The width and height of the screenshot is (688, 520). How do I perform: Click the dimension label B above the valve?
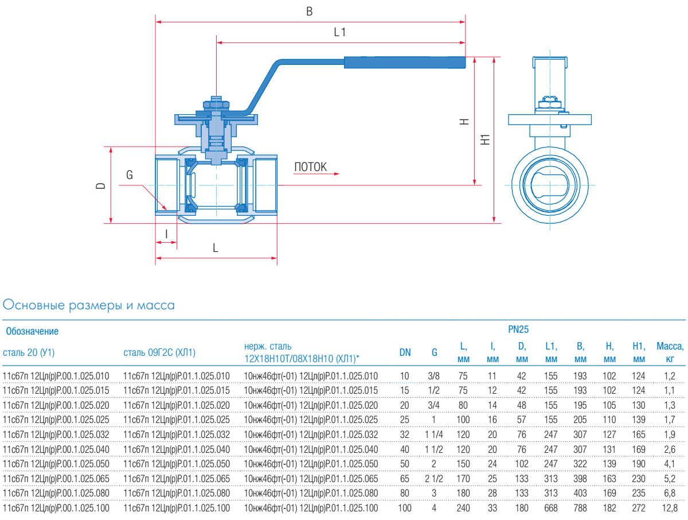(x=310, y=11)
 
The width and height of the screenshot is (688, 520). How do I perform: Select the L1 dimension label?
(x=340, y=33)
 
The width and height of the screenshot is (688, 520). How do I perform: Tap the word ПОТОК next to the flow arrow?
(x=311, y=167)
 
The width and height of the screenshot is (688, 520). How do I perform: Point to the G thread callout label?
(x=130, y=175)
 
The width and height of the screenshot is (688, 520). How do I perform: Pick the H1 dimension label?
(x=486, y=139)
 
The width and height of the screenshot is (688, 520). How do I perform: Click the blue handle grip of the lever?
(x=404, y=63)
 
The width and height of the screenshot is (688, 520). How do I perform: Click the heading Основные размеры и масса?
(x=89, y=305)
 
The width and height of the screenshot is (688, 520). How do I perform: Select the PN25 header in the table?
(x=518, y=329)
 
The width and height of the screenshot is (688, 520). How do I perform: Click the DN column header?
(x=405, y=352)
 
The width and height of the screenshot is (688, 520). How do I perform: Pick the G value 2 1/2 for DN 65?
(x=435, y=478)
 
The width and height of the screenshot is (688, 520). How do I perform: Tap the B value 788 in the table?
(x=581, y=508)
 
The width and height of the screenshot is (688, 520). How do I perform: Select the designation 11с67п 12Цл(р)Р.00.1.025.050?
(x=56, y=463)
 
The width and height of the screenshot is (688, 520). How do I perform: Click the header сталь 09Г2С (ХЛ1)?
(x=160, y=352)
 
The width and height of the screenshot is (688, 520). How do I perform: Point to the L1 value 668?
(x=551, y=508)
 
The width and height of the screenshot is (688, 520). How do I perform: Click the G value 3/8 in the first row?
(x=435, y=376)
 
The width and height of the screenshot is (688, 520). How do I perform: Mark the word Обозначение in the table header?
(x=32, y=331)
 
